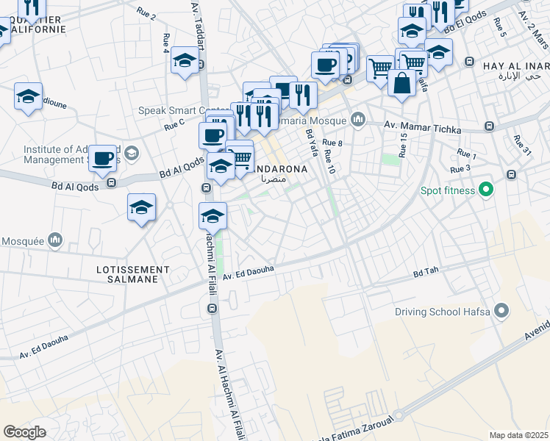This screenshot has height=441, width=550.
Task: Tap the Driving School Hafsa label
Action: [x=443, y=311]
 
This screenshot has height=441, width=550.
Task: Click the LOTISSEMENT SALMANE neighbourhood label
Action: [x=132, y=275]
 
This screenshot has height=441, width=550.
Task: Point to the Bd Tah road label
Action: [x=426, y=272]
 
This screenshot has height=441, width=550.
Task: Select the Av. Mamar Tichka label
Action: [x=422, y=126]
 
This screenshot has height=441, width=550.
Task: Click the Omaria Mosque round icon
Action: [x=359, y=119]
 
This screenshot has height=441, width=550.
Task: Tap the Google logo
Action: [x=24, y=431]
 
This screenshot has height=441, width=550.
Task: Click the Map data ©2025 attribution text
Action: [x=518, y=435]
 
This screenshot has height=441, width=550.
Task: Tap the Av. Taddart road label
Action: [x=198, y=26]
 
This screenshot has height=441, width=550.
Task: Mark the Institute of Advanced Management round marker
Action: [x=132, y=154]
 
